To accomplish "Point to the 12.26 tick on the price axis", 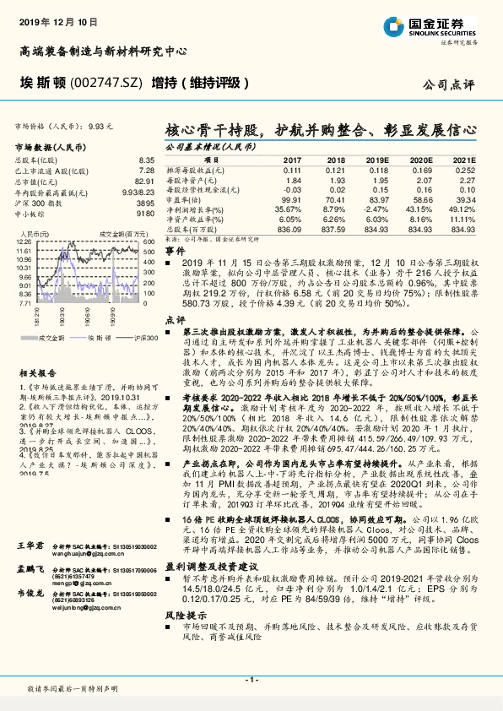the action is pos(24,242).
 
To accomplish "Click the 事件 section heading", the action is pos(174,252).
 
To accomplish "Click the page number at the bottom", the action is pos(251,680).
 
